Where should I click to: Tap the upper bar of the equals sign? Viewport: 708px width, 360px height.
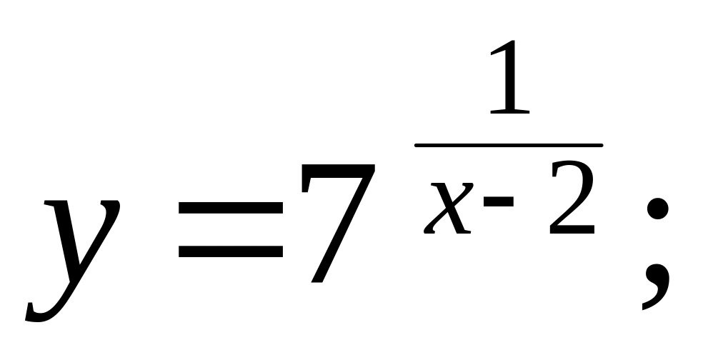click(230, 206)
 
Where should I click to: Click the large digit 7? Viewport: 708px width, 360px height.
click(336, 221)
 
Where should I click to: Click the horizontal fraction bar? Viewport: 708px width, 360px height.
click(509, 145)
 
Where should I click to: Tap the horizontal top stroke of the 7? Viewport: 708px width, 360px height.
click(336, 171)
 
